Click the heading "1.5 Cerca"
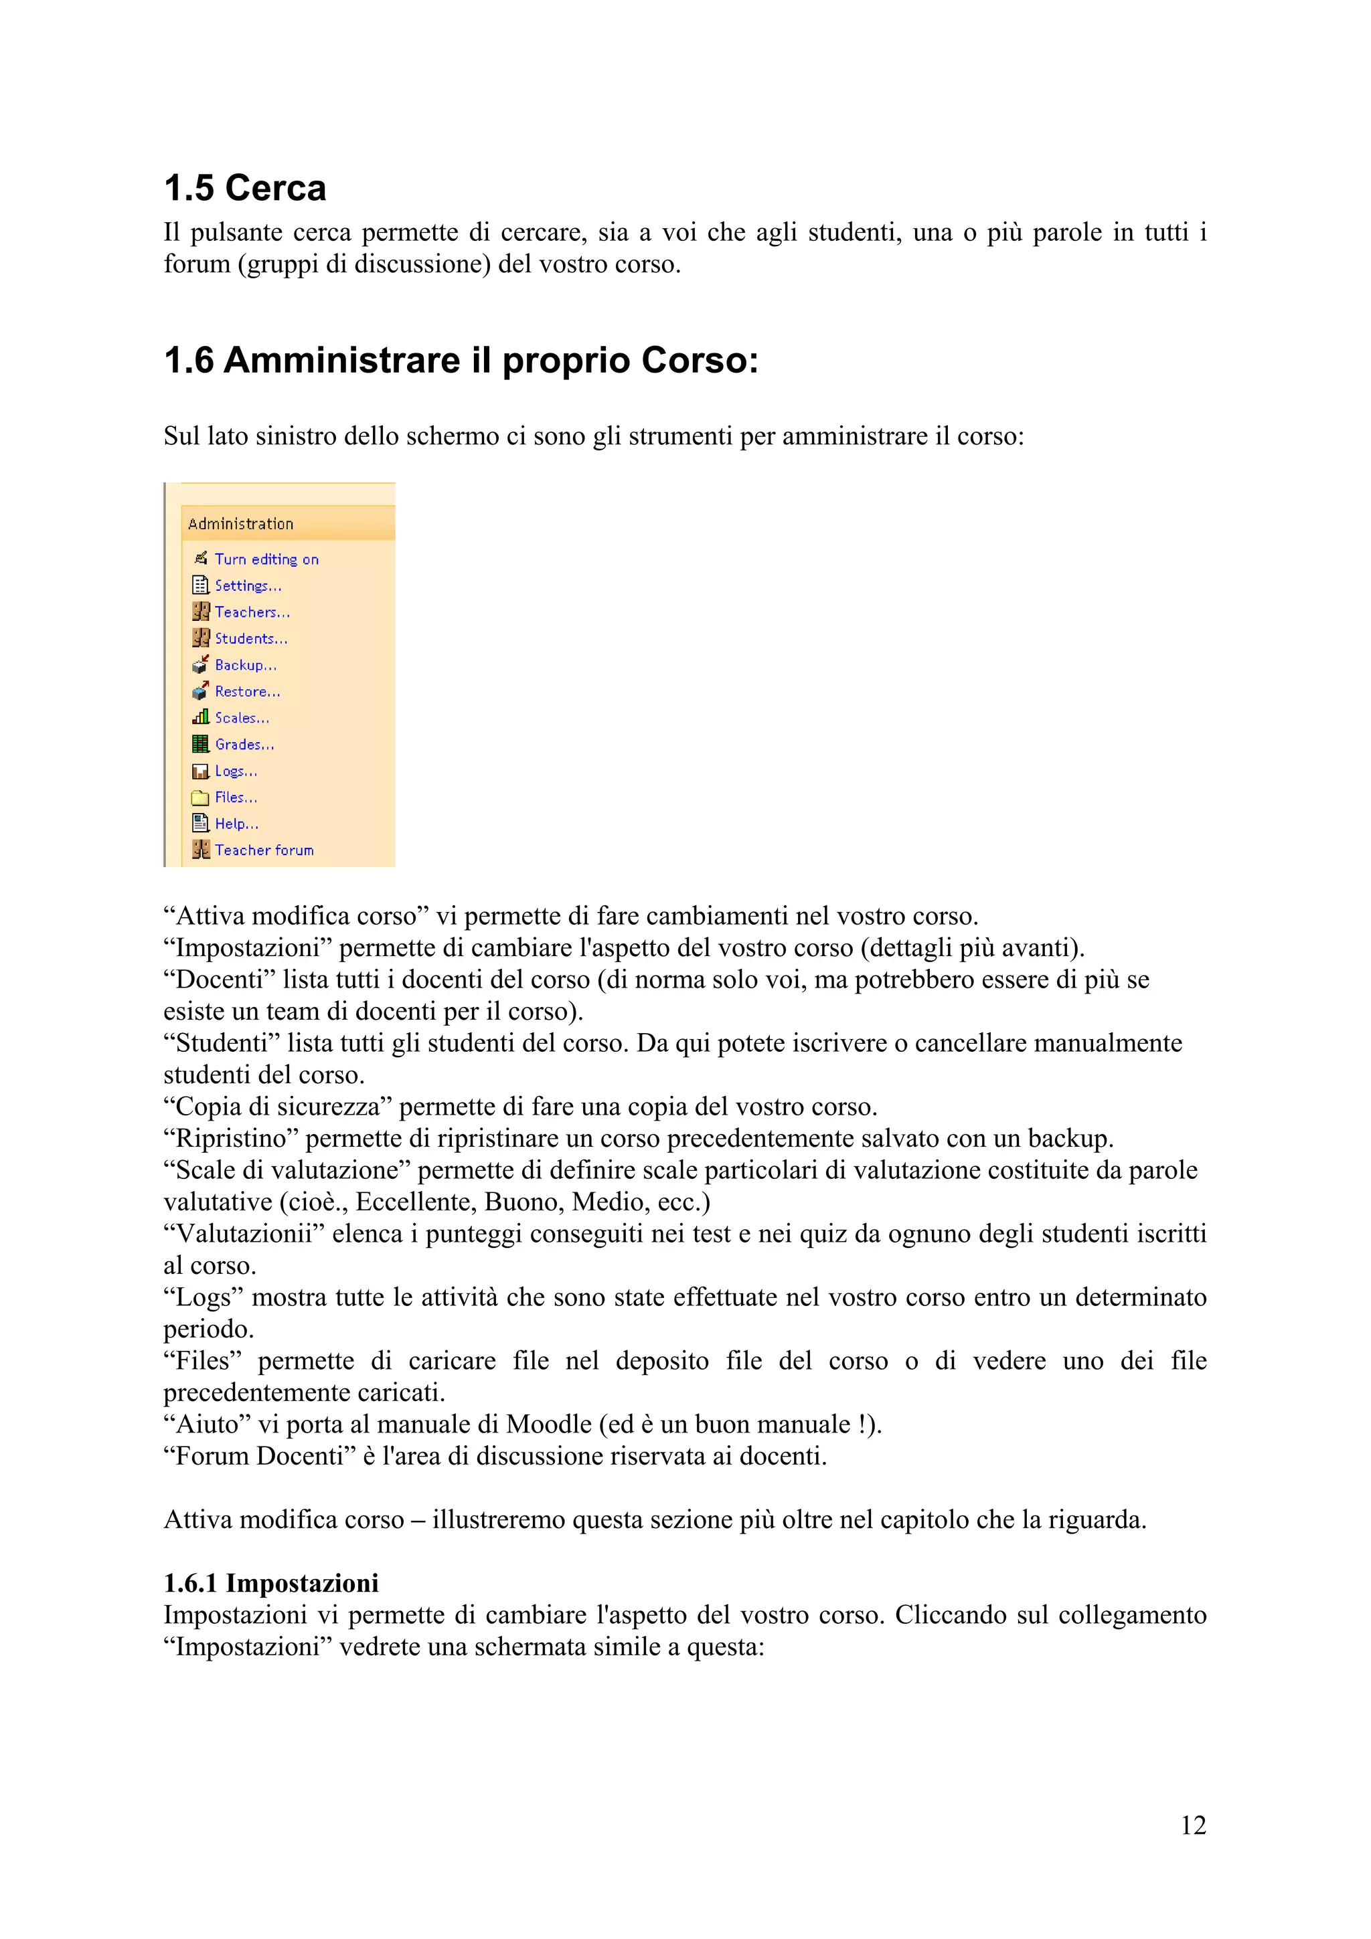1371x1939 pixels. click(245, 188)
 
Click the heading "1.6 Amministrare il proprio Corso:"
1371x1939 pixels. click(461, 361)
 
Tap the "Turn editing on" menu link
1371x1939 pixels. click(266, 559)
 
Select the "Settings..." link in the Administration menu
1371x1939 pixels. click(248, 585)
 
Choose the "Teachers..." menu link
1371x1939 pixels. click(252, 612)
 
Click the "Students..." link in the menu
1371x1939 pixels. click(251, 638)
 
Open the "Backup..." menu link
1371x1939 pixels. click(245, 666)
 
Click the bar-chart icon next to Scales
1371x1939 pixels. click(200, 717)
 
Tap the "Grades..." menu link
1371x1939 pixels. click(244, 745)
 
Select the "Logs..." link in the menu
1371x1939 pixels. click(236, 771)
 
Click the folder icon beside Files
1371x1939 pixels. click(200, 798)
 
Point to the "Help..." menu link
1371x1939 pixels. click(236, 824)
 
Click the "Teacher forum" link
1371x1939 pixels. click(264, 850)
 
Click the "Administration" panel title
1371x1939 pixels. click(241, 525)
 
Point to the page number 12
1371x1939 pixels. click(1193, 1826)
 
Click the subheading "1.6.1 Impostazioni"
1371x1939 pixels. click(271, 1582)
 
